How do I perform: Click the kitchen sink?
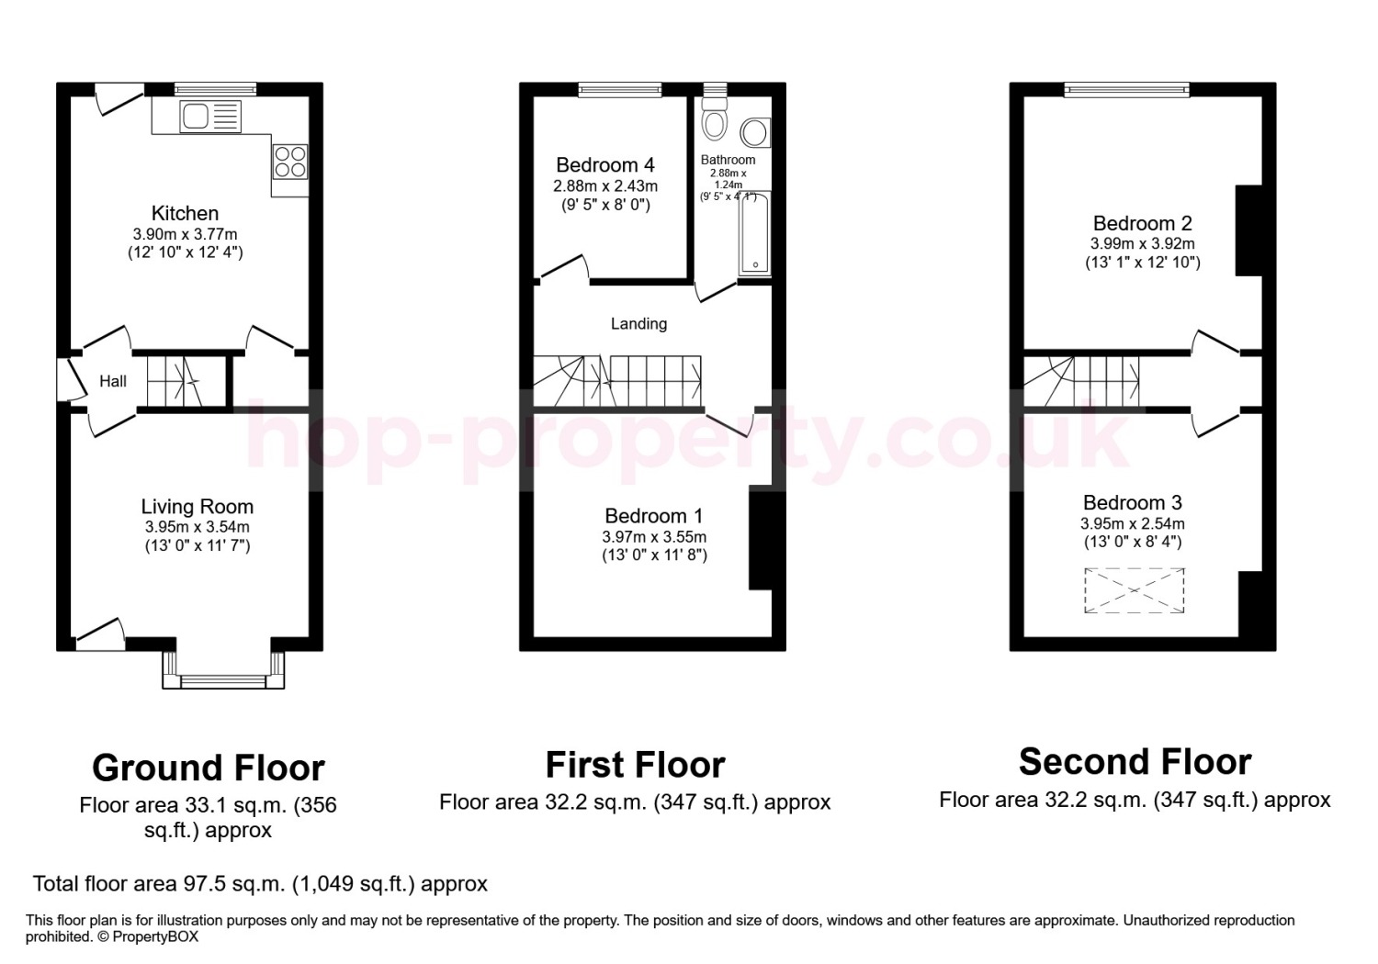click(209, 117)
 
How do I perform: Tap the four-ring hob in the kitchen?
click(290, 161)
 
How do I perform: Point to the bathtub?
click(754, 232)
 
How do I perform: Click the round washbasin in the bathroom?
click(755, 132)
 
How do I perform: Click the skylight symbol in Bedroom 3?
click(1134, 590)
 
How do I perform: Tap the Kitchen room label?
click(186, 213)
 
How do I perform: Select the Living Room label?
click(198, 507)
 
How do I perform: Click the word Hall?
click(113, 381)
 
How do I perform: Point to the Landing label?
click(638, 323)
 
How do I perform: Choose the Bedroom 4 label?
click(605, 164)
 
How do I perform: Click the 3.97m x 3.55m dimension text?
click(654, 537)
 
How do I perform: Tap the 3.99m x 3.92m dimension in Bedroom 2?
click(1143, 243)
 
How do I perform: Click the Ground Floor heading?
click(209, 768)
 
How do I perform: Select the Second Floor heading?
click(1135, 762)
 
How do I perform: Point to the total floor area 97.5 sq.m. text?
click(260, 884)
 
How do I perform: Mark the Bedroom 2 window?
click(1127, 90)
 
